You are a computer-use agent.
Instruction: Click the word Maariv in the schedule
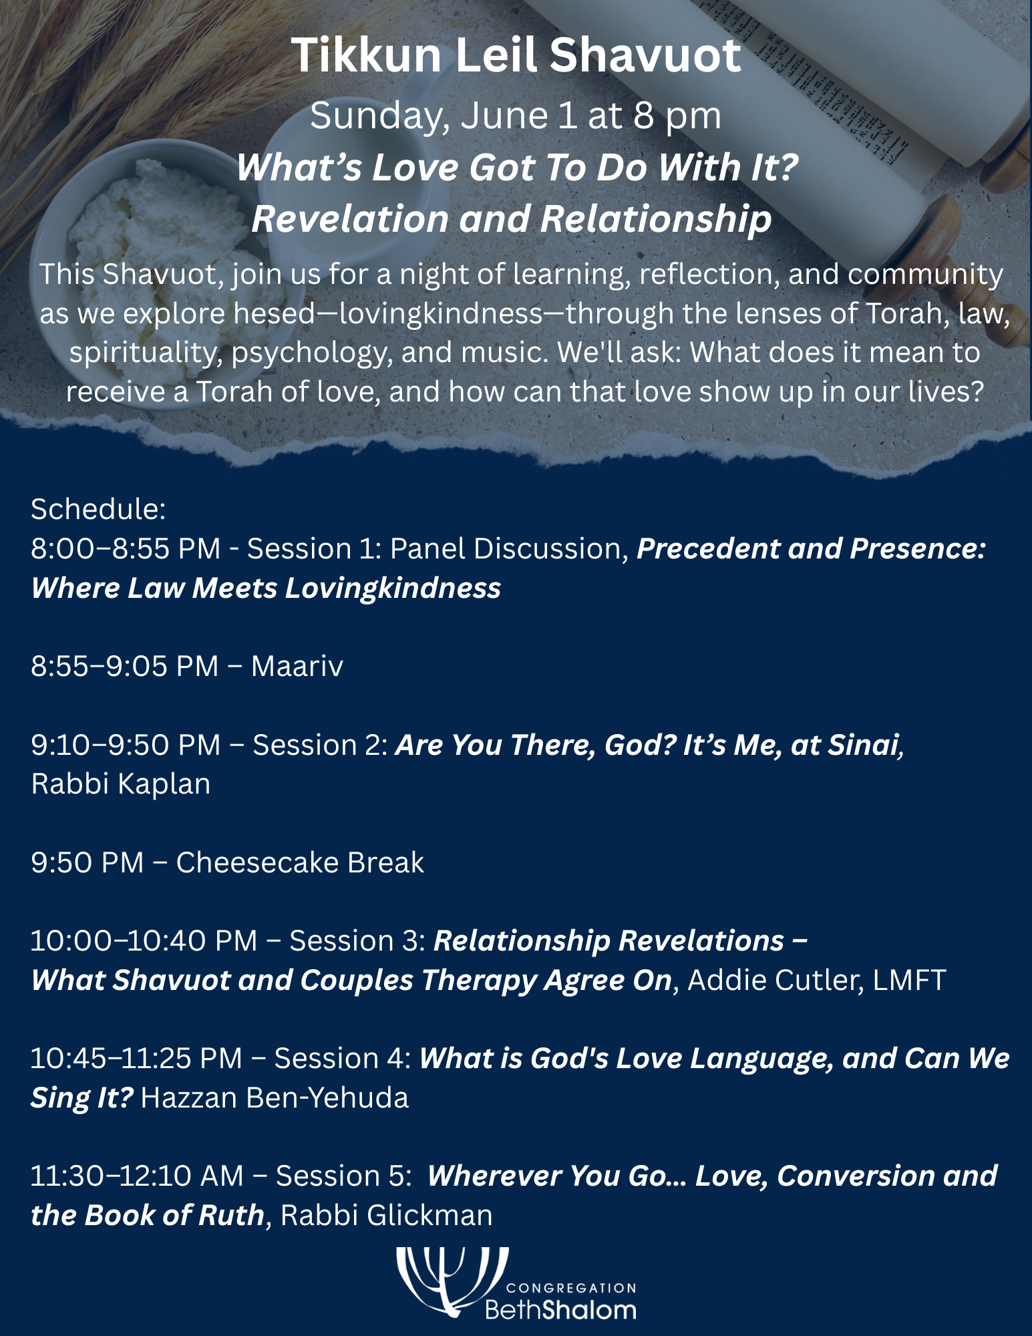pyautogui.click(x=297, y=666)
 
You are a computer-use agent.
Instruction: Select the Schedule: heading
pyautogui.click(x=98, y=509)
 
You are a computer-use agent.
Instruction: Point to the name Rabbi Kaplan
pyautogui.click(x=121, y=784)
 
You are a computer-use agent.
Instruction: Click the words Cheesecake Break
pyautogui.click(x=300, y=862)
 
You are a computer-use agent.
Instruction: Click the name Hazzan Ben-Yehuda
pyautogui.click(x=275, y=1098)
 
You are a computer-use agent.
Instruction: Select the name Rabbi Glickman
pyautogui.click(x=386, y=1215)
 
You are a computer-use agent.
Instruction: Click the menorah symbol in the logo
pyautogui.click(x=452, y=1280)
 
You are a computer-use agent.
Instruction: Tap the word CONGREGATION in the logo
pyautogui.click(x=571, y=1288)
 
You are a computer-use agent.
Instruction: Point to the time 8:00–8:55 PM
pyautogui.click(x=126, y=548)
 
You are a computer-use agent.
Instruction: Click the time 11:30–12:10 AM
pyautogui.click(x=137, y=1176)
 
